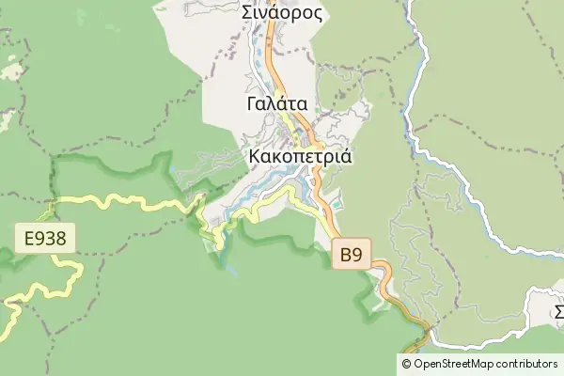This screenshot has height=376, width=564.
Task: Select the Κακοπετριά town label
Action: [x=301, y=156]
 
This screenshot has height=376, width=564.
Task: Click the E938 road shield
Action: [x=46, y=238]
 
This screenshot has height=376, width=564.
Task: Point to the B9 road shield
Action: [x=352, y=254]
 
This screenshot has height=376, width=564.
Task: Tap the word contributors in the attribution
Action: [x=526, y=364]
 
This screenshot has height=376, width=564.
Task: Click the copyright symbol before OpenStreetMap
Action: [x=407, y=364]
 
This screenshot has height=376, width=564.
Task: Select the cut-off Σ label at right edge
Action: [x=558, y=311]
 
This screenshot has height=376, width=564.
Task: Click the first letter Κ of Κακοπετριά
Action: [x=256, y=156]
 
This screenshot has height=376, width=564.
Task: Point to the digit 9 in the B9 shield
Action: [x=357, y=254]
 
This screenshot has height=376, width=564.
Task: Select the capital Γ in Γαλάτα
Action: [x=252, y=103]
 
